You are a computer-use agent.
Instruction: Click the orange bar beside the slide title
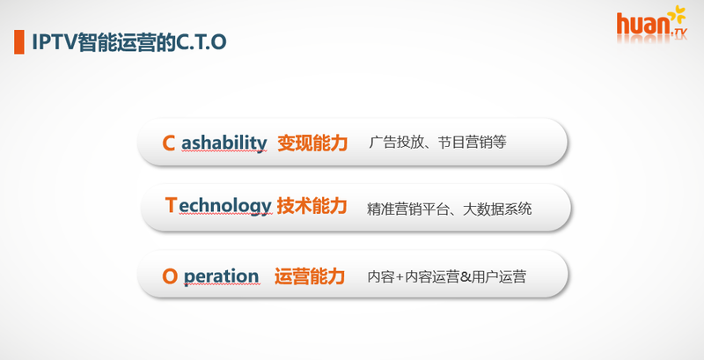pyautogui.click(x=18, y=42)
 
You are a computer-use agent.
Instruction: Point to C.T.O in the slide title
pyautogui.click(x=201, y=42)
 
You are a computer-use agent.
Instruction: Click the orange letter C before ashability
pyautogui.click(x=168, y=143)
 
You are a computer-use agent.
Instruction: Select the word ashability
pyautogui.click(x=224, y=143)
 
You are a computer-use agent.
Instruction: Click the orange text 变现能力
pyautogui.click(x=312, y=143)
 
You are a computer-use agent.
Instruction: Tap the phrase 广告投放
pyautogui.click(x=396, y=143)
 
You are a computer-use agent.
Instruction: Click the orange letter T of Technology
pyautogui.click(x=171, y=205)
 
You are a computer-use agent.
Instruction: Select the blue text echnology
pyautogui.click(x=225, y=207)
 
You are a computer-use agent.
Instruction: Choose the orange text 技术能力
pyautogui.click(x=312, y=206)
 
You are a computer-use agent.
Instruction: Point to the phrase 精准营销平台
pyautogui.click(x=407, y=209)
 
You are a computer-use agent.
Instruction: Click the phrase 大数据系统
pyautogui.click(x=497, y=209)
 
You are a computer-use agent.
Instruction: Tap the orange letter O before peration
pyautogui.click(x=170, y=276)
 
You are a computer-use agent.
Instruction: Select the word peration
pyautogui.click(x=221, y=277)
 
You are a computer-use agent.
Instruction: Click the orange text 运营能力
pyautogui.click(x=310, y=276)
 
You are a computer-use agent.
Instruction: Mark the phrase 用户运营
pyautogui.click(x=499, y=277)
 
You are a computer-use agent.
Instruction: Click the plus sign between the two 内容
pyautogui.click(x=400, y=277)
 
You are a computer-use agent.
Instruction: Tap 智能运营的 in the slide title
pyautogui.click(x=127, y=42)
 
